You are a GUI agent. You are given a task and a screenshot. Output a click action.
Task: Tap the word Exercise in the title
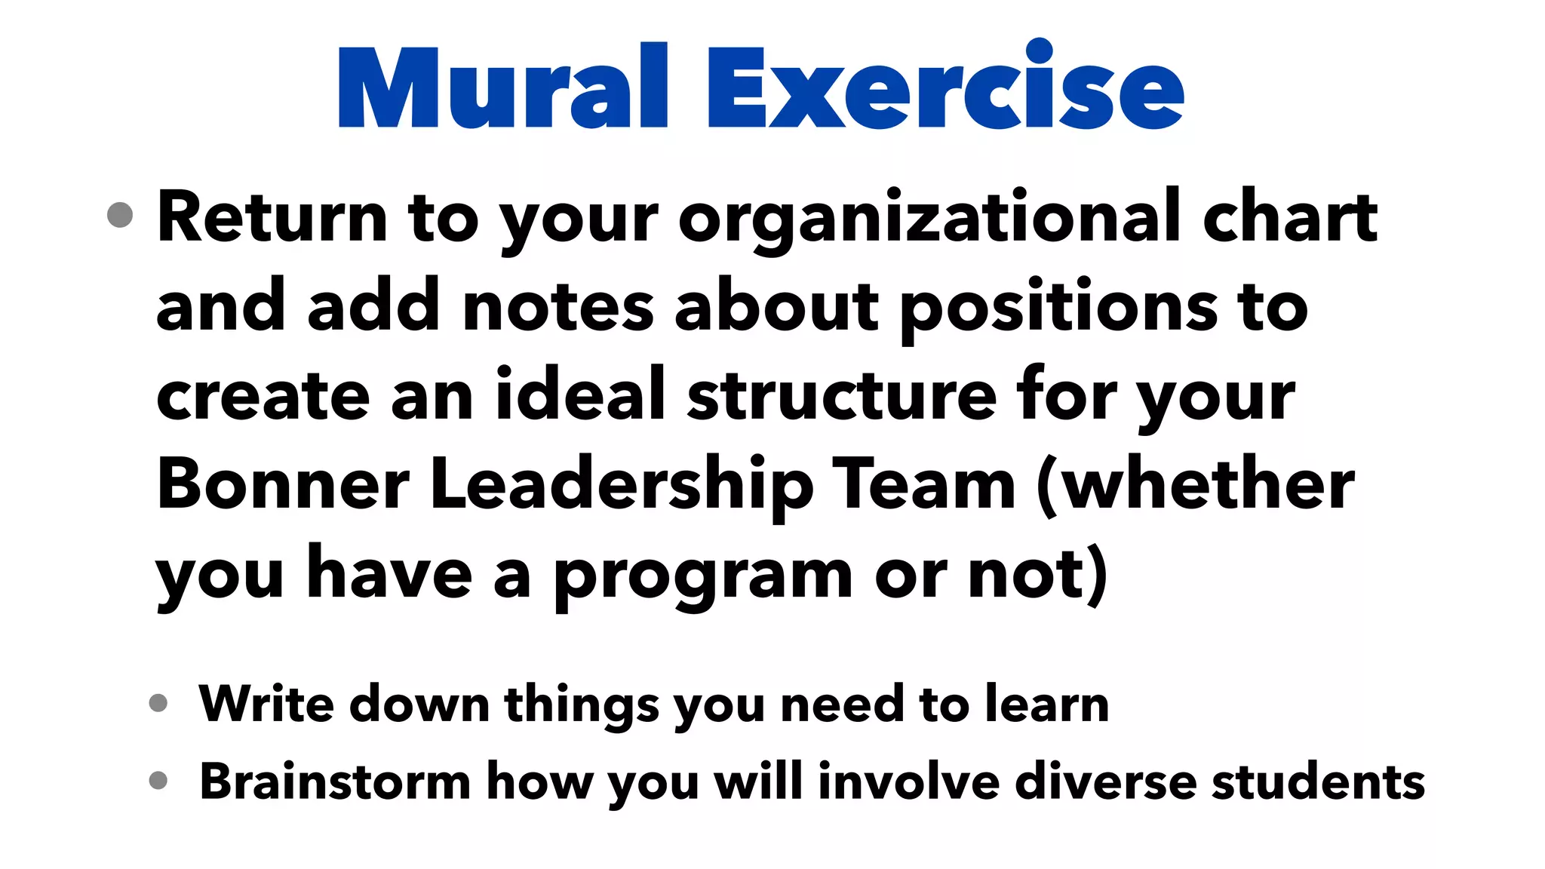coord(945,87)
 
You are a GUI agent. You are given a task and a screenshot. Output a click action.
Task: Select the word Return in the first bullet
coord(272,218)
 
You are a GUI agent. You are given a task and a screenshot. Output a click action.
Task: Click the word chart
coord(1290,218)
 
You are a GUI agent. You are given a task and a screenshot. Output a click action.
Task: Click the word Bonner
coord(283,485)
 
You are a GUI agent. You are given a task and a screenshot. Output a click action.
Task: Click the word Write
coord(266,704)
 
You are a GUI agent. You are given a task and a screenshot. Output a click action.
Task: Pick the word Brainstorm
coord(335,781)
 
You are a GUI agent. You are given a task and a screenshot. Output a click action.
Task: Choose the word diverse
coord(1104,781)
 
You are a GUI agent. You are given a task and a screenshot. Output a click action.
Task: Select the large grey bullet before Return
coord(120,215)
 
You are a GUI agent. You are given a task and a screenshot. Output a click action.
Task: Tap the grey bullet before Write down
coord(158,703)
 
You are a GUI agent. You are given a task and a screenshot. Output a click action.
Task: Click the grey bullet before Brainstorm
coord(158,780)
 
